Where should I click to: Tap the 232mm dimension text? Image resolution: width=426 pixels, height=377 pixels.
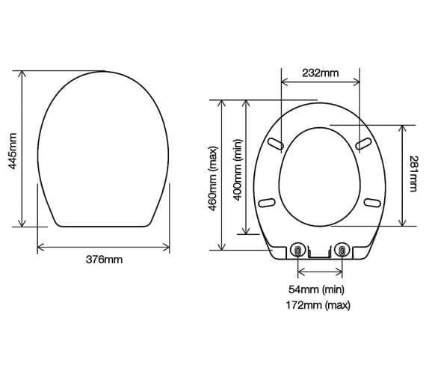coord(319,73)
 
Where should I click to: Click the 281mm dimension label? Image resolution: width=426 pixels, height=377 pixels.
coord(413,175)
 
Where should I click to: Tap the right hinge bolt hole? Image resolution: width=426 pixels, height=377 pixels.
coord(343,251)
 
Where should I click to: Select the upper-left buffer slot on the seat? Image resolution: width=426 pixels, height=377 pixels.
coord(274,143)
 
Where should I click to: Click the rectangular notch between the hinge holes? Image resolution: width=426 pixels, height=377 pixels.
coord(320,254)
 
